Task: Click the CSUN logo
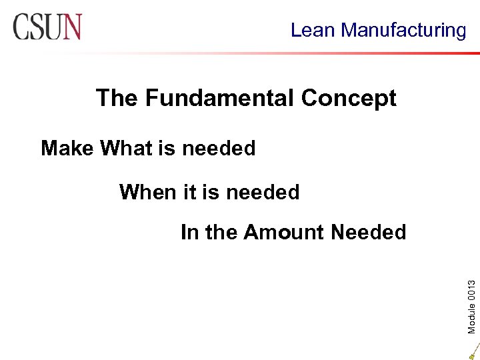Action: (x=47, y=27)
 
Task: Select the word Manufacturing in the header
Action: (x=404, y=30)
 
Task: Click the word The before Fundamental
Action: (x=117, y=99)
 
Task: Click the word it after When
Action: (x=189, y=193)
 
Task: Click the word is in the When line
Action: (x=210, y=193)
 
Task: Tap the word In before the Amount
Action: (x=189, y=233)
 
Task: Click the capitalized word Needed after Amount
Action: (x=368, y=233)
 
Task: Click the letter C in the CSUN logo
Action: (x=21, y=27)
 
